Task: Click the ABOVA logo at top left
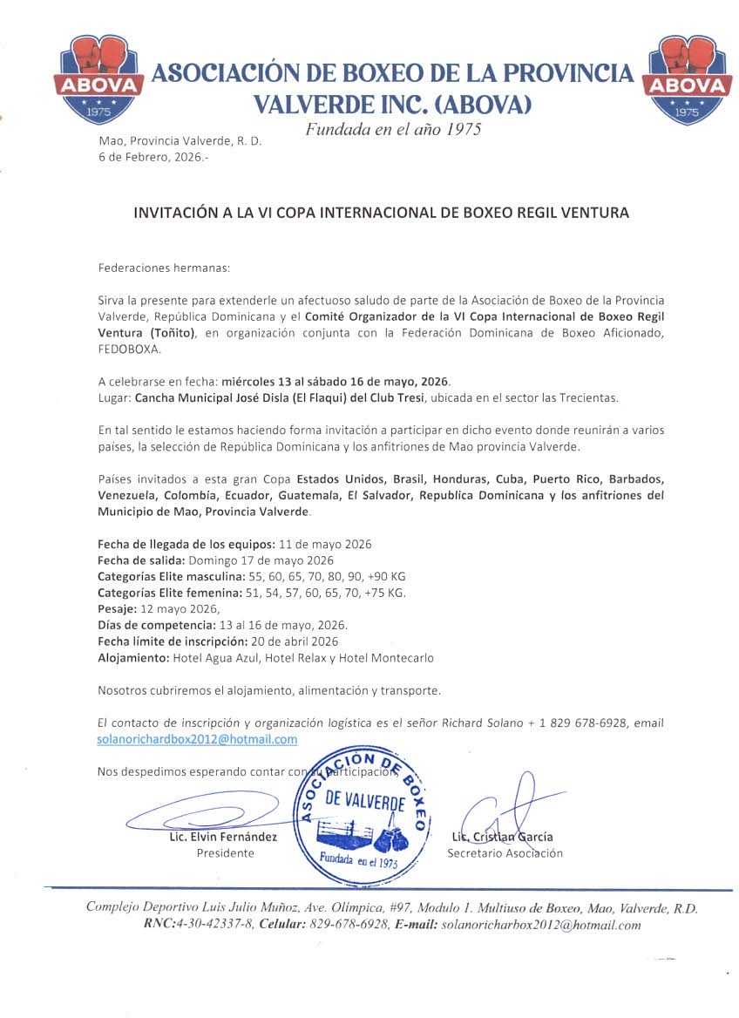98,79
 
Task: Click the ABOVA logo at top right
688,79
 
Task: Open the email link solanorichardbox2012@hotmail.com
198,739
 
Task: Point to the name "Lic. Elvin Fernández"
224,837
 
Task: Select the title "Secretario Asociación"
505,853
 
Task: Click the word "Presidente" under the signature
225,853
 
